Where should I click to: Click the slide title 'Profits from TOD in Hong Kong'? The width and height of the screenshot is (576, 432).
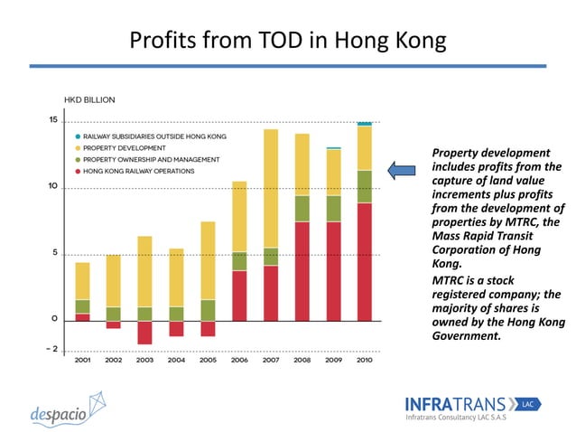tap(287, 41)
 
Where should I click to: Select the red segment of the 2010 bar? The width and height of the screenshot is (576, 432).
tap(364, 261)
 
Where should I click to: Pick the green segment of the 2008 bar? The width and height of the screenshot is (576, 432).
tap(302, 208)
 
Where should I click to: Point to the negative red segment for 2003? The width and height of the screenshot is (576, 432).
tap(144, 332)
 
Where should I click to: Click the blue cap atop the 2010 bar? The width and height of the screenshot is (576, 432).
tap(364, 123)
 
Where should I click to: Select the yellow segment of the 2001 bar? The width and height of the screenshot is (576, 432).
tap(82, 280)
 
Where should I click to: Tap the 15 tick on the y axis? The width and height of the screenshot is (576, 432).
tap(53, 120)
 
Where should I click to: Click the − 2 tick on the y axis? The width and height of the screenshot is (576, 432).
tap(52, 349)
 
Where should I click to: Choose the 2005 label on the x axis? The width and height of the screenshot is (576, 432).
tap(208, 360)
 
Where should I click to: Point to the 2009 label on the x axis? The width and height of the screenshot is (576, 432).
tap(333, 360)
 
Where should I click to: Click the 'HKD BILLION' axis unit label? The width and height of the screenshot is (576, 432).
tap(88, 99)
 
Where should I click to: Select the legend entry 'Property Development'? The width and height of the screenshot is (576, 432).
tap(125, 147)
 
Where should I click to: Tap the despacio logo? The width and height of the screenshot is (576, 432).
tap(67, 408)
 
